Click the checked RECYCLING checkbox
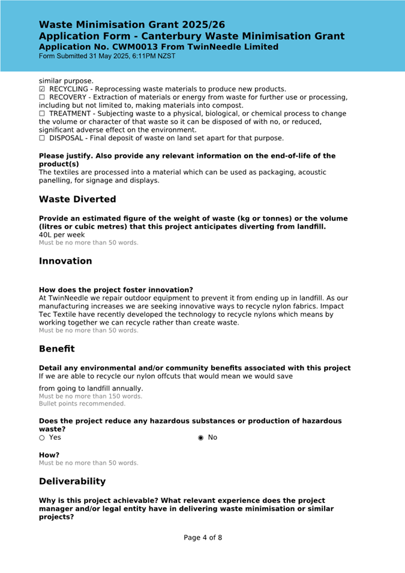coord(42,89)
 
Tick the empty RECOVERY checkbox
coord(42,97)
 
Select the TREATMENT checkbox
coord(42,113)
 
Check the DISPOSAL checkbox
coord(42,138)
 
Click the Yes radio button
coord(42,437)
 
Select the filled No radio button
coord(200,437)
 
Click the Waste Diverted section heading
coord(77,199)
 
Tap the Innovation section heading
coord(65,261)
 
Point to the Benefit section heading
coord(57,349)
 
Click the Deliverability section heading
coord(72,481)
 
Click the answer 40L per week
coord(62,235)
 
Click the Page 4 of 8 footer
coord(203,538)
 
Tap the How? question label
coord(49,455)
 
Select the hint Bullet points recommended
coord(82,404)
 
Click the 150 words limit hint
coord(91,396)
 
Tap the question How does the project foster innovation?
coord(116,290)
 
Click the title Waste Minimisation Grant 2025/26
coord(132,25)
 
